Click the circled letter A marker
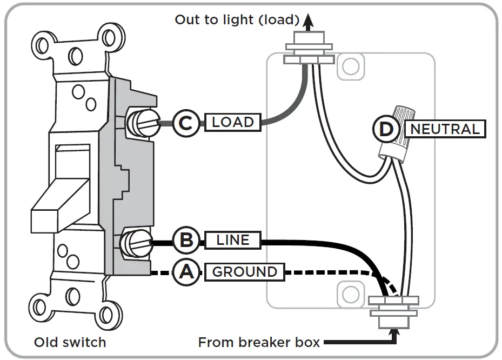[186, 272]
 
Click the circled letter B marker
[186, 239]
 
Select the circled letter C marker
[186, 123]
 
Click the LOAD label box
[233, 123]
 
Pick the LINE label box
[233, 239]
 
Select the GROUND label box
[244, 272]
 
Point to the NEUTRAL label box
[445, 129]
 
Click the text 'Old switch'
[70, 342]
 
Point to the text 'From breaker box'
[259, 342]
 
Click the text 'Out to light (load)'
[237, 20]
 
